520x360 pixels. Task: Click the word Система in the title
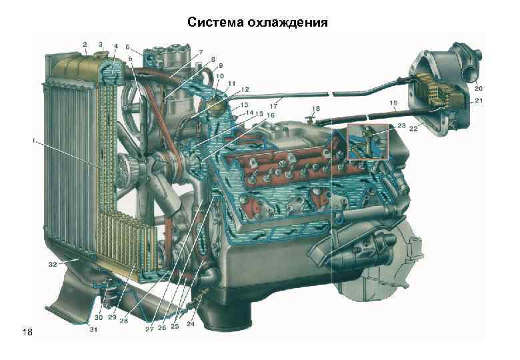pos(216,24)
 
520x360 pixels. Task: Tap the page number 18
pos(27,331)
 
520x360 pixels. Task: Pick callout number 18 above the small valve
pos(315,108)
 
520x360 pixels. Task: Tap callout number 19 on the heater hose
pos(394,103)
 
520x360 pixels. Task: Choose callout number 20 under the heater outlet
pos(479,87)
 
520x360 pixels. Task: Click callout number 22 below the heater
pos(414,129)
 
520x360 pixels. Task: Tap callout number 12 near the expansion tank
pos(245,89)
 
